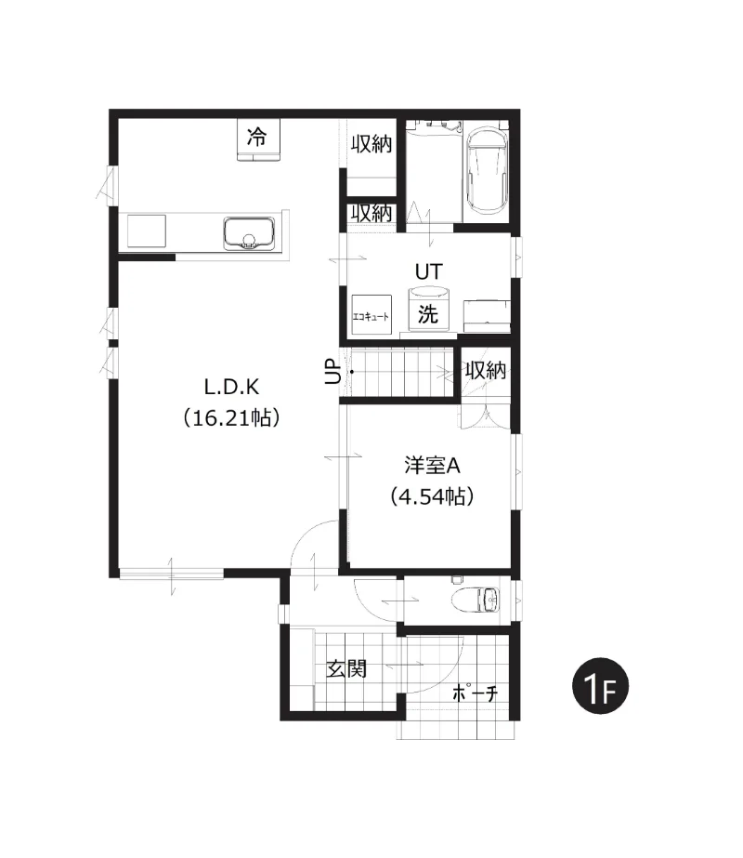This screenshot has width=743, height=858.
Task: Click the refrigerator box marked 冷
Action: (258, 139)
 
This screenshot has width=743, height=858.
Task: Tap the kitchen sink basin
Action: (249, 233)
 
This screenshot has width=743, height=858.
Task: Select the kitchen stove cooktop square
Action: (147, 231)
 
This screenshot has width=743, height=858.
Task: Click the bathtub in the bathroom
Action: (486, 172)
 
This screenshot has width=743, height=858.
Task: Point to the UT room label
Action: (429, 271)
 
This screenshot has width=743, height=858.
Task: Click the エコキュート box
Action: (371, 315)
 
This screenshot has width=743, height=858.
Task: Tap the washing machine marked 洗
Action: (428, 310)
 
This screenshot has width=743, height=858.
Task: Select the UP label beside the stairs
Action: (332, 372)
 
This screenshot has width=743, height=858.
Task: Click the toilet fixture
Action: (476, 600)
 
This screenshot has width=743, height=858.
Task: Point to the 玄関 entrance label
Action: (346, 668)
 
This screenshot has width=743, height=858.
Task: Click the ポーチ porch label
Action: (476, 693)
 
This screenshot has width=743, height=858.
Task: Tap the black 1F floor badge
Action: (600, 686)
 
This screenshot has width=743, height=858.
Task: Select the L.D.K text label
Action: (231, 388)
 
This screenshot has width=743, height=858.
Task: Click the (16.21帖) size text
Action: (232, 418)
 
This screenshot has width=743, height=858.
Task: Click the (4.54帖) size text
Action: (432, 496)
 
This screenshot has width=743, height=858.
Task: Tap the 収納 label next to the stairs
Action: (486, 371)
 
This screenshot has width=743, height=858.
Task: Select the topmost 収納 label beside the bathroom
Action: (371, 144)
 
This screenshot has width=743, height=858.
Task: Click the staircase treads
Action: (401, 372)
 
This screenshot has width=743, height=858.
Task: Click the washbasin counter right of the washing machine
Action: (487, 316)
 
